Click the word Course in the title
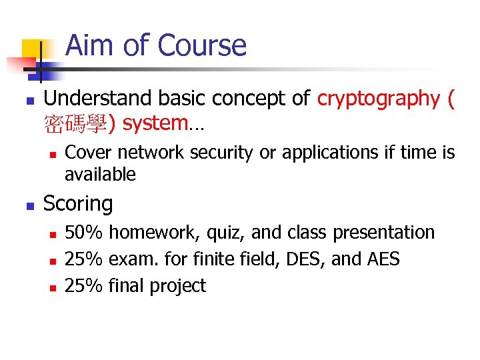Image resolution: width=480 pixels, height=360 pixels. (202, 46)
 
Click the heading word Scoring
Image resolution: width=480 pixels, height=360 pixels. (78, 203)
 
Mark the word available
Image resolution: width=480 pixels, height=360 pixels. (100, 175)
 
